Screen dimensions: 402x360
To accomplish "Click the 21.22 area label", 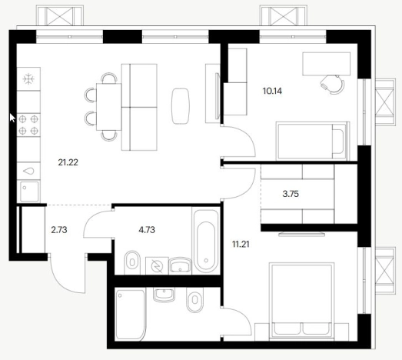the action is (68, 162).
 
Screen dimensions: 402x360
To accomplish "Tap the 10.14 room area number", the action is (272, 91).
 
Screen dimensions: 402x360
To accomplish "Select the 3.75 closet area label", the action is (291, 194).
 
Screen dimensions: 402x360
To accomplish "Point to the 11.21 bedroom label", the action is (241, 245).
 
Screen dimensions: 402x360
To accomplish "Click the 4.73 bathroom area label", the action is (147, 230).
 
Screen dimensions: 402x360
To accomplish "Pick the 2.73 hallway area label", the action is (59, 230).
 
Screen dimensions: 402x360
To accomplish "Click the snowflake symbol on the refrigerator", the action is (28, 78).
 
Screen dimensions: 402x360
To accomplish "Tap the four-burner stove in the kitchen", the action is (28, 125).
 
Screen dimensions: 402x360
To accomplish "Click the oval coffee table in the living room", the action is (181, 106).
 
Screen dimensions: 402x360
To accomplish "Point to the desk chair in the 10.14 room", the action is (333, 85).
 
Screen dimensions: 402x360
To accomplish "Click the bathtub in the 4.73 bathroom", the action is (207, 242).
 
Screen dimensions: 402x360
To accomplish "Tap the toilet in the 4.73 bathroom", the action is (132, 262).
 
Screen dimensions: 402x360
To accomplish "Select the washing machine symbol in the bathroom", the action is (157, 266).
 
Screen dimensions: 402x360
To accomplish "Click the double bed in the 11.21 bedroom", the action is (301, 300).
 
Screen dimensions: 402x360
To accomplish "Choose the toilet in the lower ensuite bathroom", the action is (195, 299).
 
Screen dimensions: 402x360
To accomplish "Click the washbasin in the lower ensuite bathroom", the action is (164, 295).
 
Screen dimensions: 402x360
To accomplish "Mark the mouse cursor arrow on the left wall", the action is (12, 118).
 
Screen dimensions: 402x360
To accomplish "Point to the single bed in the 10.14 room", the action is (313, 141).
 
